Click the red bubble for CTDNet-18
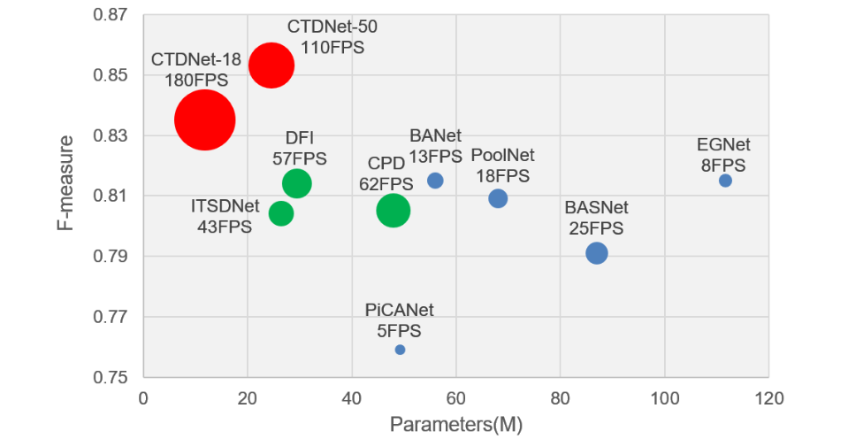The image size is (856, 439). [204, 119]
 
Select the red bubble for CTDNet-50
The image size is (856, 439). [271, 65]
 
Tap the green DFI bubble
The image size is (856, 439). [296, 183]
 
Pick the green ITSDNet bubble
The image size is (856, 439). [281, 213]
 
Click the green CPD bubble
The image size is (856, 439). [393, 211]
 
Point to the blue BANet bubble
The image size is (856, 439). [435, 181]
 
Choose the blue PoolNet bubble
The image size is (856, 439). [498, 198]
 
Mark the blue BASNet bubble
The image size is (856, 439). [597, 253]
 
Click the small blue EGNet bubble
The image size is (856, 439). [725, 181]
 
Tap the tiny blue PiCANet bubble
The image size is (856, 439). [400, 350]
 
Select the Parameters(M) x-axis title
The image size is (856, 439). [456, 425]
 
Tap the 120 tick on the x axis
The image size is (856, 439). [768, 398]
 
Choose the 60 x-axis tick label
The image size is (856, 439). [456, 398]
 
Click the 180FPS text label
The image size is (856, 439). [196, 81]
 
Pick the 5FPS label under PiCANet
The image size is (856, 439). [399, 330]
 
